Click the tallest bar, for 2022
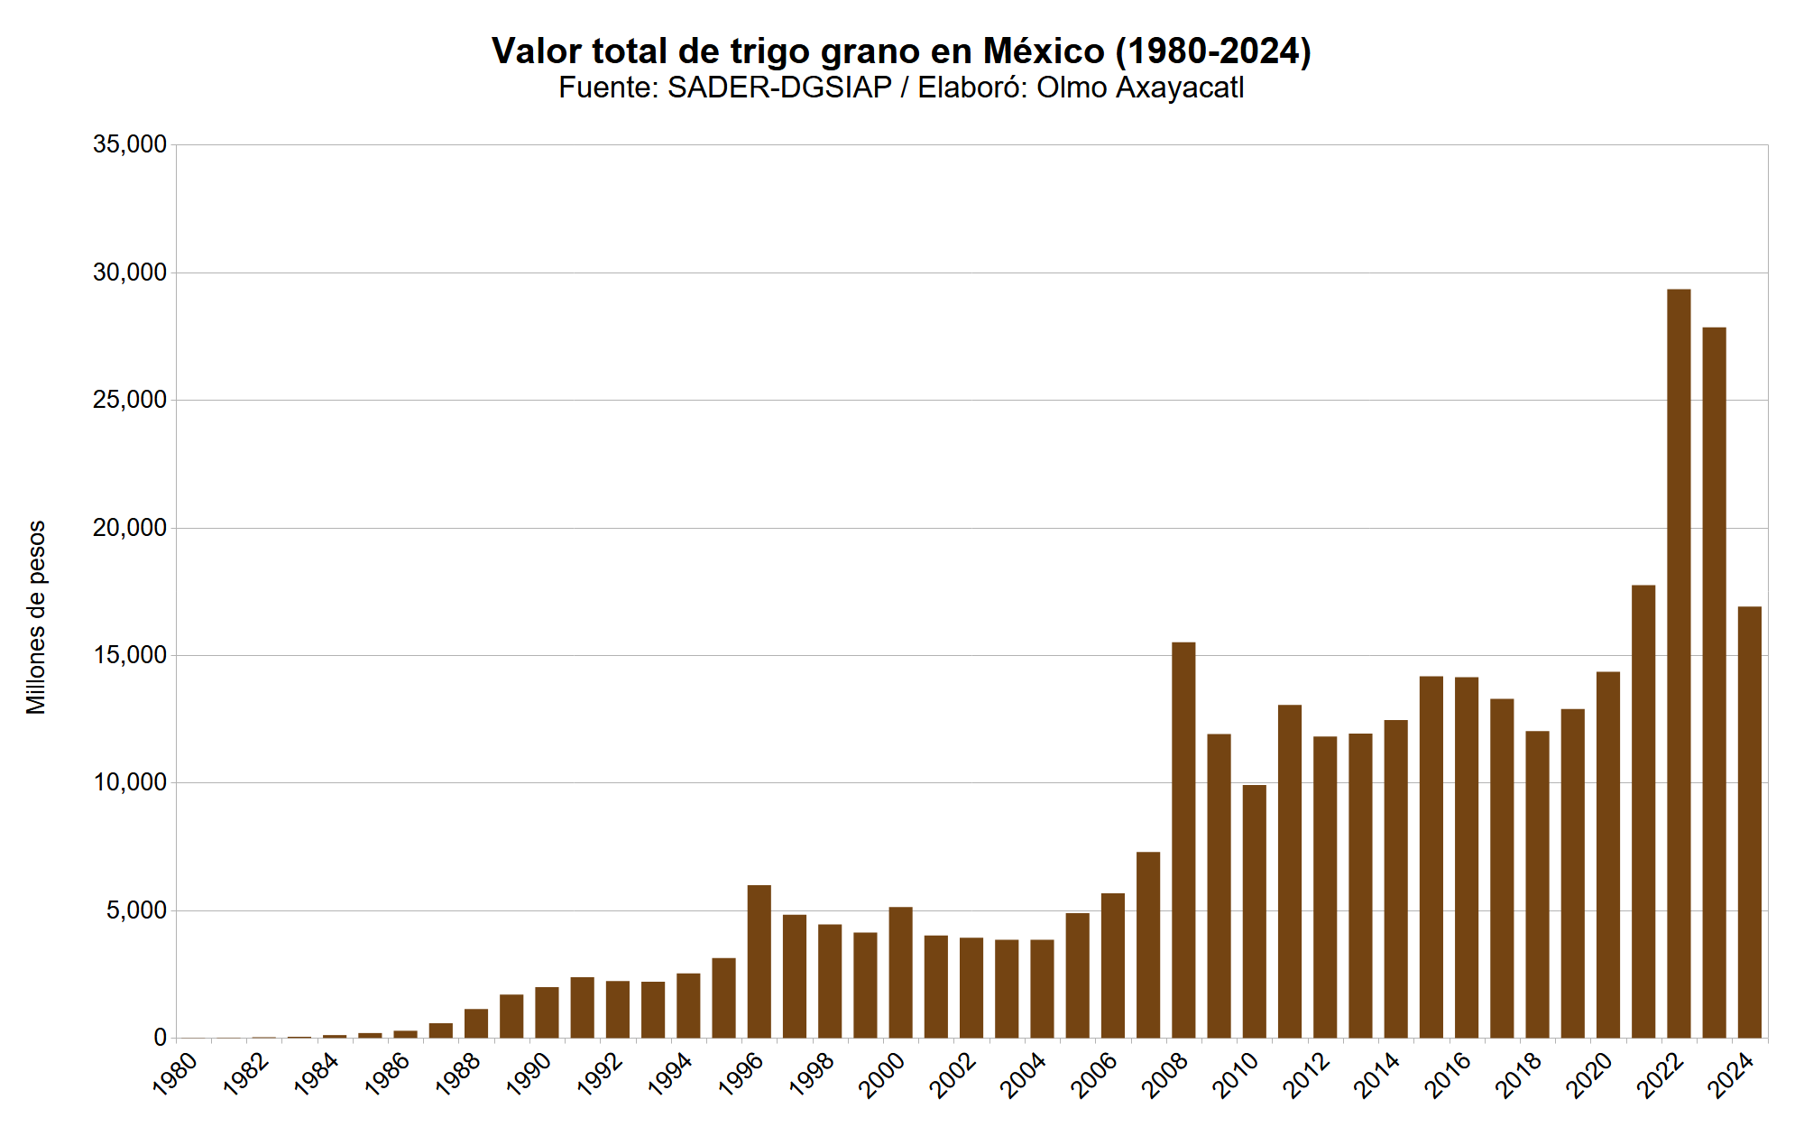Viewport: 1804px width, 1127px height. [1679, 663]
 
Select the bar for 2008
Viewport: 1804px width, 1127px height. [1183, 840]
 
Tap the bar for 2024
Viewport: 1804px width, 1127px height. [1750, 822]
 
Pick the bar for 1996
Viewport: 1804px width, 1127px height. [759, 961]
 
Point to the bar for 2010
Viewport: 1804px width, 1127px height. [1254, 911]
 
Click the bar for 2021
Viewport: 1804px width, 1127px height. [1643, 811]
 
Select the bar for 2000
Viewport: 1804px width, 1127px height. [900, 972]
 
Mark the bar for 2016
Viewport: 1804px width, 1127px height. [1467, 857]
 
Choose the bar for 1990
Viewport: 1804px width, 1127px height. [547, 1012]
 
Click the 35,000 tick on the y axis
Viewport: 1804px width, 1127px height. [130, 144]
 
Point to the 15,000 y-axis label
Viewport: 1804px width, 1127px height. [130, 655]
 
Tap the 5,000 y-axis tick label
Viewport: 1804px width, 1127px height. [136, 910]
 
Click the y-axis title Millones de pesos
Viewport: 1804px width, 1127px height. [36, 617]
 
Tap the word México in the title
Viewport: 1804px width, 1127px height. [1044, 51]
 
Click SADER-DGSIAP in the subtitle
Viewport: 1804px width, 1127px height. [779, 88]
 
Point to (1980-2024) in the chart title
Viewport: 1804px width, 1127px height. [1213, 51]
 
